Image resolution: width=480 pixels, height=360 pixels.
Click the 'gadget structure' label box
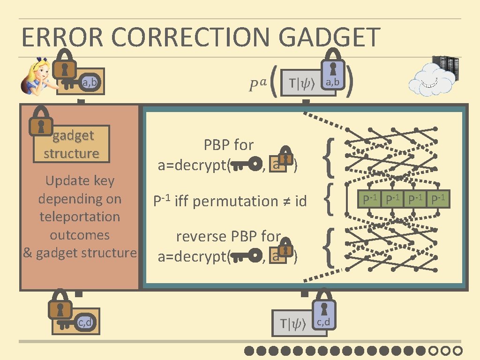tap(71, 144)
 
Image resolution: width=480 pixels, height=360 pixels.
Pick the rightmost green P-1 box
tap(439, 200)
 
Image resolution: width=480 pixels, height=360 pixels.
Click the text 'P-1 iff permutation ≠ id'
tap(230, 201)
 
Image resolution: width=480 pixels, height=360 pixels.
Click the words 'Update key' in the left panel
tap(80, 181)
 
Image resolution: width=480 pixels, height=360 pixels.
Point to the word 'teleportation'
tap(80, 217)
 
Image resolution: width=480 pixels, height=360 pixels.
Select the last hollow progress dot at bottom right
tap(458, 351)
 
